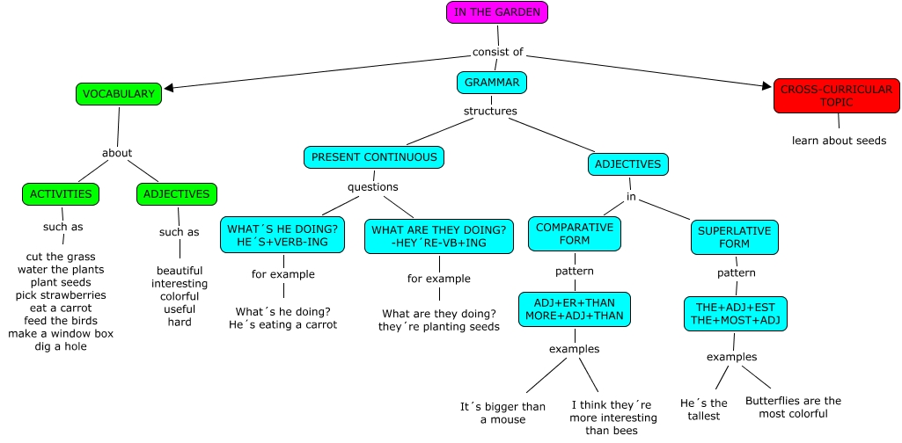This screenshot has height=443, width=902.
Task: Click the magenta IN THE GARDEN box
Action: click(497, 11)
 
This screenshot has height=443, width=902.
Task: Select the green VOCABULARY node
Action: click(119, 94)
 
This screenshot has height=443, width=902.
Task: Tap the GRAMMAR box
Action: click(492, 83)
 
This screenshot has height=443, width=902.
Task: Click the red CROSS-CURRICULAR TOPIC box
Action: click(836, 96)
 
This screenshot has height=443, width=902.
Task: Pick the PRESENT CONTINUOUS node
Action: click(374, 157)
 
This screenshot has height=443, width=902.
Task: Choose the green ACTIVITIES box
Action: click(61, 194)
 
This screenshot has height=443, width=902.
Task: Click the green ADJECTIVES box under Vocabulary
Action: click(176, 194)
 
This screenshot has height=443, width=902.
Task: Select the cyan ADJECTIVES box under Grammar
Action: click(628, 163)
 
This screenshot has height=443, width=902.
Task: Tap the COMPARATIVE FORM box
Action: click(575, 233)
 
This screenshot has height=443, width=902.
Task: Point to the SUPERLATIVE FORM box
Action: click(734, 237)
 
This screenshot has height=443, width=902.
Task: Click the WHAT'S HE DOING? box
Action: click(282, 236)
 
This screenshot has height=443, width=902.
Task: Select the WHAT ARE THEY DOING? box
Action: click(438, 236)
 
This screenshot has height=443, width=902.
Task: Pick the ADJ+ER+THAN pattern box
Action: click(574, 309)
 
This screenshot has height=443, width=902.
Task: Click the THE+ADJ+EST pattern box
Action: click(736, 314)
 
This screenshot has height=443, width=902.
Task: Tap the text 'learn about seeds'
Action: click(839, 141)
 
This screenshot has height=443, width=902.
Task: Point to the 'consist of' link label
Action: click(497, 52)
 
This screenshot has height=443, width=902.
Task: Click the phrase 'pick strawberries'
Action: click(61, 295)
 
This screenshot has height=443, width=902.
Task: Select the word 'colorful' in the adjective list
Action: click(180, 296)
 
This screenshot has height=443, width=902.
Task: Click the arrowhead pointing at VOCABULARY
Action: click(170, 87)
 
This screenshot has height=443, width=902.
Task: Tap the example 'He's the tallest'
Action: click(703, 409)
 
